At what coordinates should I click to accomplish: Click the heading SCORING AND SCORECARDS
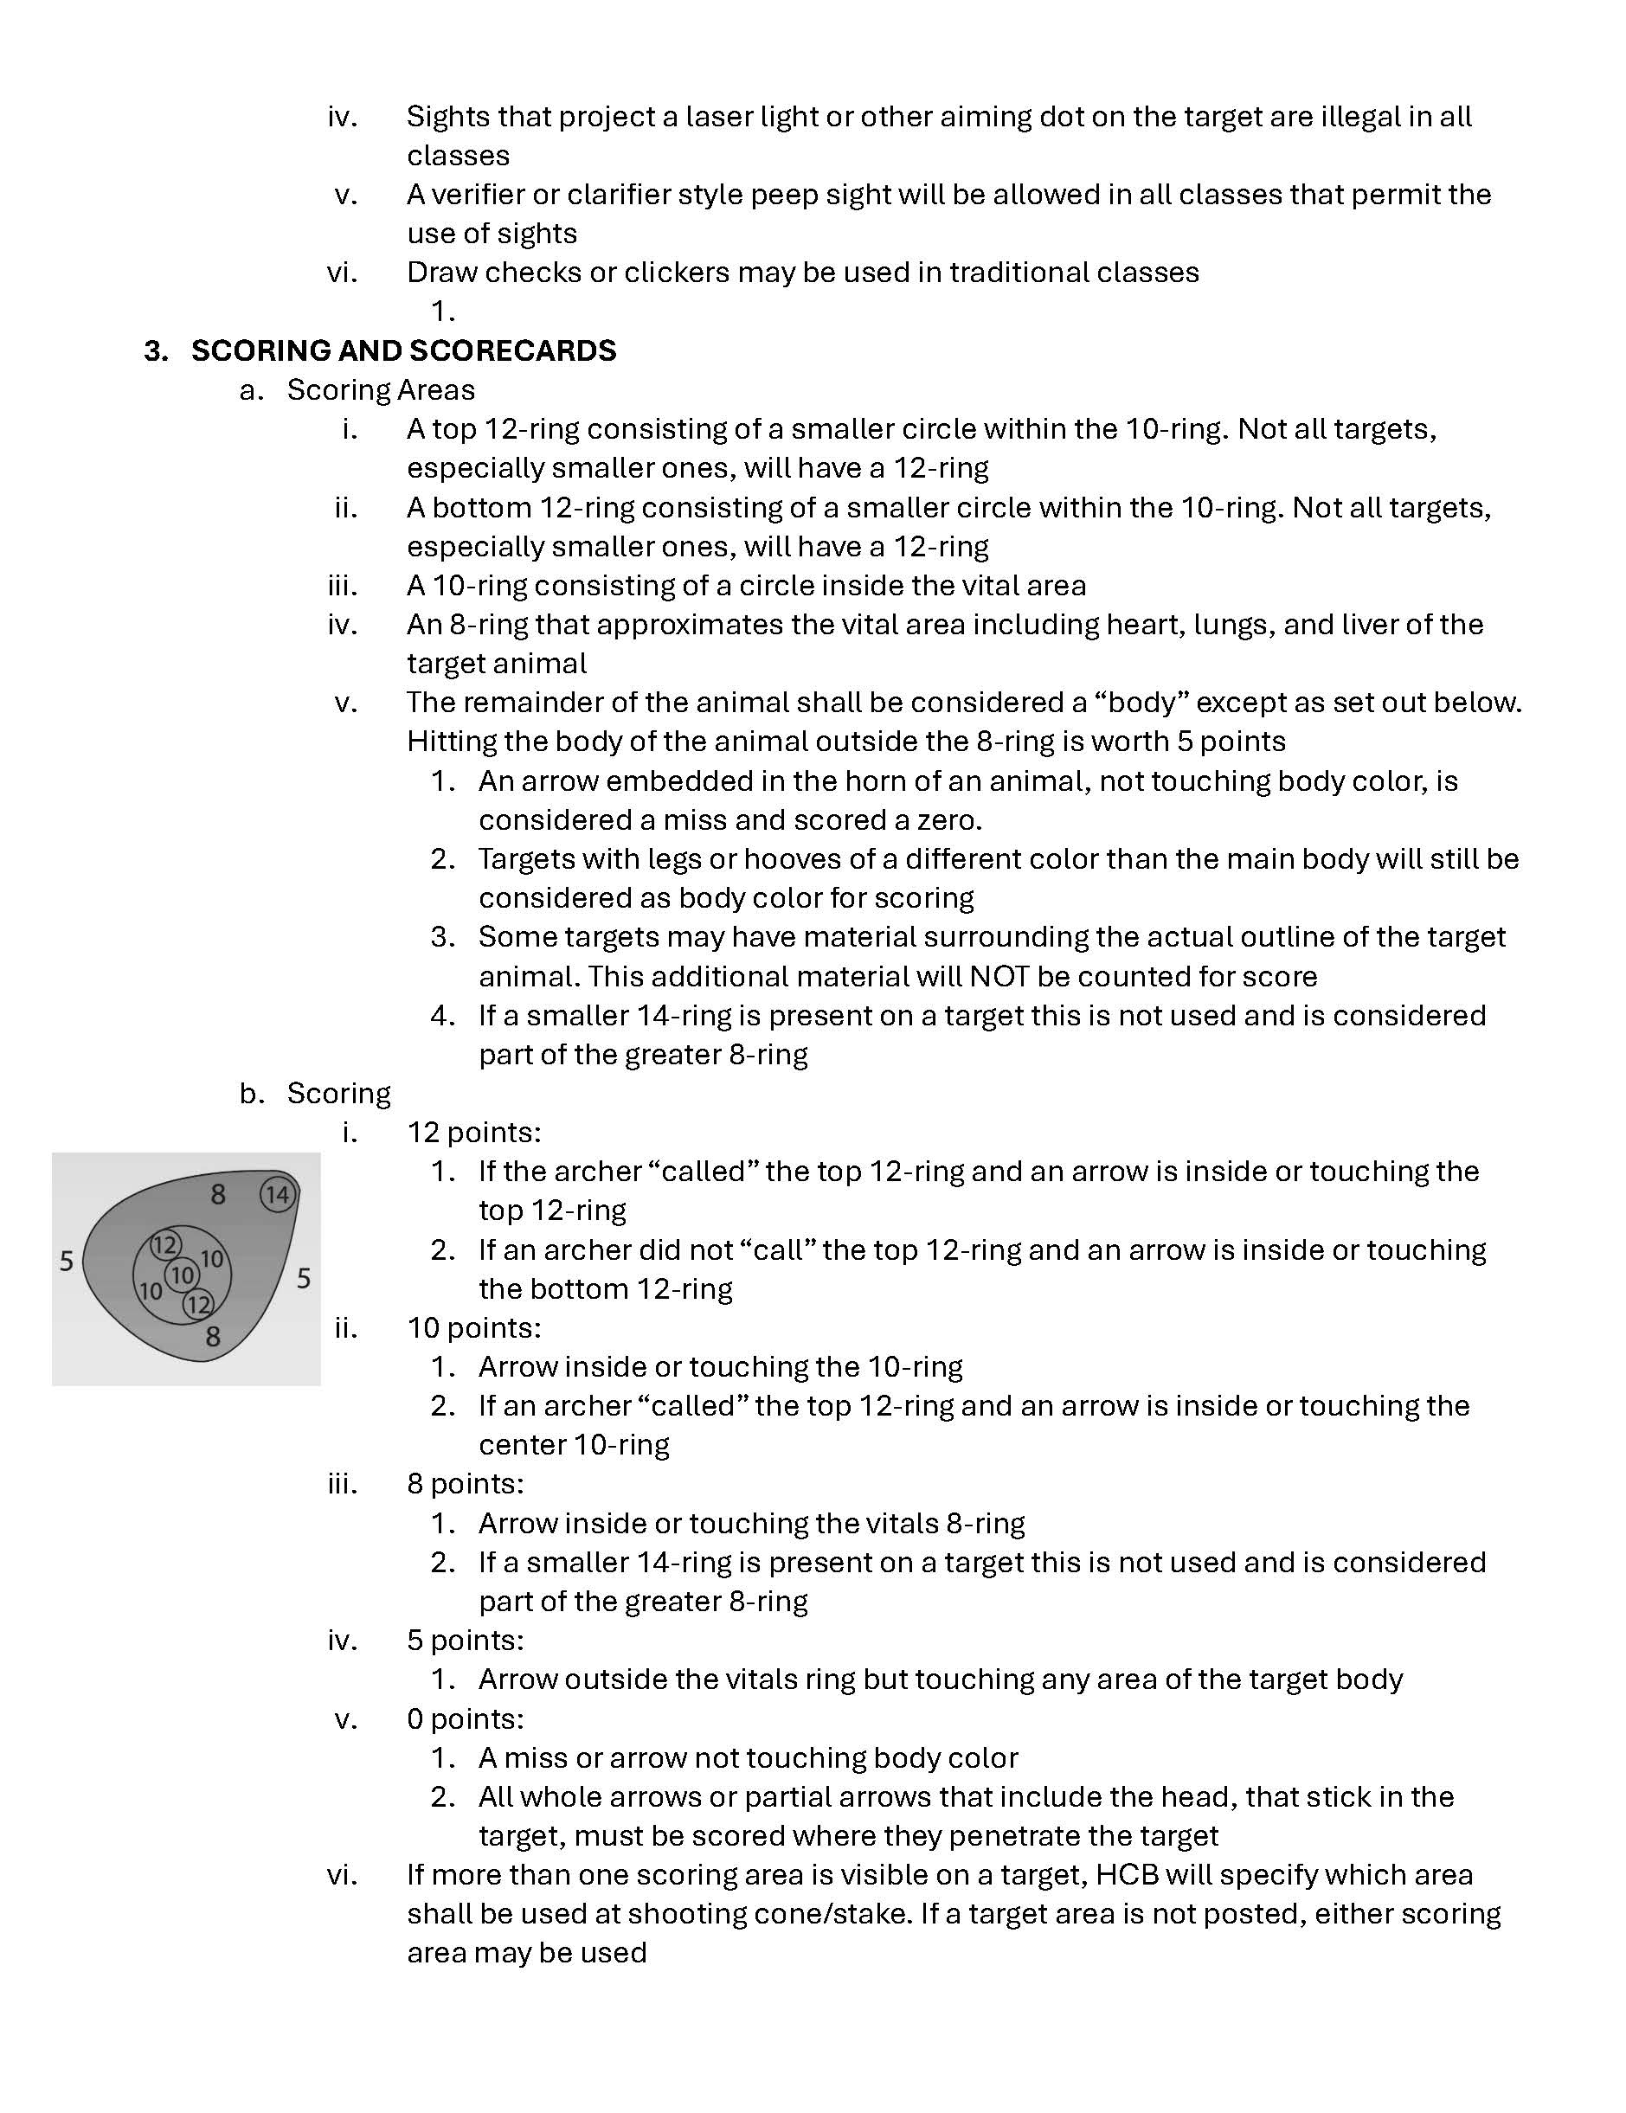click(x=402, y=350)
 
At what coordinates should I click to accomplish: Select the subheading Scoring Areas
click(x=381, y=390)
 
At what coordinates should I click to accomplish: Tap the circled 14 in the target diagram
click(x=278, y=1195)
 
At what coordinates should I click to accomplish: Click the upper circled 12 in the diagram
click(x=164, y=1244)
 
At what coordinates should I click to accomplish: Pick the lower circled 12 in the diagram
click(x=198, y=1305)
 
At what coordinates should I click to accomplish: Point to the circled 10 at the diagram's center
click(x=182, y=1275)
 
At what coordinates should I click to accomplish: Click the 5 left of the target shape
click(x=66, y=1262)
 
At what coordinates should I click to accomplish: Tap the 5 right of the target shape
click(x=304, y=1279)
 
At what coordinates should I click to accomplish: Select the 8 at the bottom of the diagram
click(x=213, y=1337)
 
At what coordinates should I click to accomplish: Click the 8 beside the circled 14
click(x=219, y=1195)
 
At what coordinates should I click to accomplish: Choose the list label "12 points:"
click(x=473, y=1132)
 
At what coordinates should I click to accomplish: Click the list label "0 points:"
click(x=465, y=1718)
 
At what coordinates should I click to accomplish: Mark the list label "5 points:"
click(x=465, y=1640)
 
